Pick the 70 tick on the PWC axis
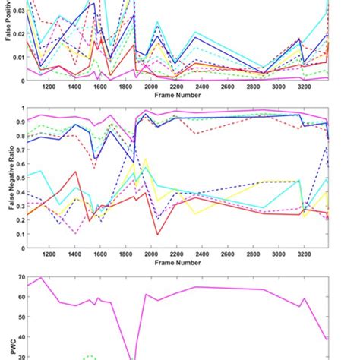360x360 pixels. pos(19,279)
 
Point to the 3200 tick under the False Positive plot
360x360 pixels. pos(302,88)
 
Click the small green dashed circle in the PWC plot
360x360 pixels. pos(90,356)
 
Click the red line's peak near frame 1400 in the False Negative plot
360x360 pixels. pos(76,172)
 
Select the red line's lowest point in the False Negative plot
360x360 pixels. pos(157,235)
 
